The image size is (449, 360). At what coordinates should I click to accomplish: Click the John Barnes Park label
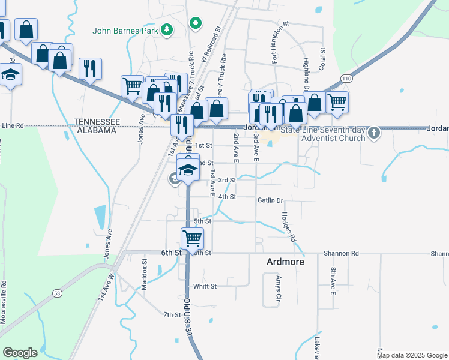(x=125, y=29)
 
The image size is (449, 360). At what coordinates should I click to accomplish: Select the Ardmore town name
(x=285, y=262)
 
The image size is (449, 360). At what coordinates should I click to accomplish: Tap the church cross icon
(x=374, y=133)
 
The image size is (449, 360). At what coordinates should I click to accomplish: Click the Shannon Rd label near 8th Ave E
(x=341, y=253)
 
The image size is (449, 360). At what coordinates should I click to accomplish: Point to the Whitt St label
(x=205, y=286)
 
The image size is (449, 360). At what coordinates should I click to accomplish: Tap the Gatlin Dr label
(x=270, y=200)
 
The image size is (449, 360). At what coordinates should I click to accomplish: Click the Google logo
(x=20, y=353)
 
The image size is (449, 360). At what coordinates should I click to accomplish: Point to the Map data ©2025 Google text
(x=411, y=355)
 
